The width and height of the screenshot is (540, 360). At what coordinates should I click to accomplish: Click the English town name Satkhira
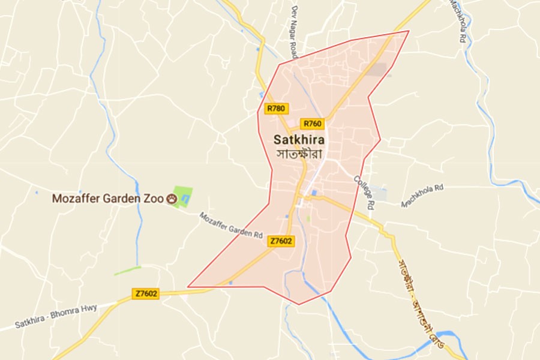click(x=299, y=140)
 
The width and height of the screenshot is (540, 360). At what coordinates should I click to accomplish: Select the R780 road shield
click(x=277, y=109)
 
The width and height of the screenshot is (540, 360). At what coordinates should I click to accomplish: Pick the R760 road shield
click(x=312, y=124)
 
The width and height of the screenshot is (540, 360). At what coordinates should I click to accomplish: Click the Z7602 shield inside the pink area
click(x=281, y=241)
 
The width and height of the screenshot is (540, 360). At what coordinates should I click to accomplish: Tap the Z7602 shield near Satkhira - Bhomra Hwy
click(x=146, y=293)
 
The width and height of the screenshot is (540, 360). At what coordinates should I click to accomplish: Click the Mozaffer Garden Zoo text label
click(x=108, y=199)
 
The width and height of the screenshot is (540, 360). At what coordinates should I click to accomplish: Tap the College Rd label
click(x=364, y=192)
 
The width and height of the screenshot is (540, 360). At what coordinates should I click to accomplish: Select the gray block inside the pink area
click(x=377, y=70)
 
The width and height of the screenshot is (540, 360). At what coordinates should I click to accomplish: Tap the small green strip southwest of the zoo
click(x=127, y=271)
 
